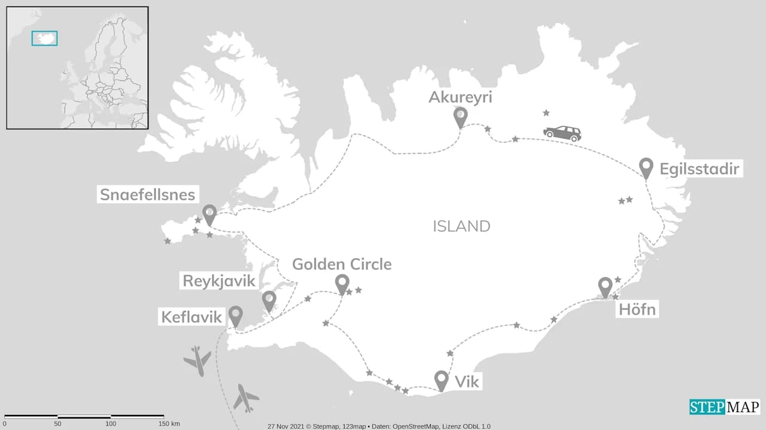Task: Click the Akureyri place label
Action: [460, 97]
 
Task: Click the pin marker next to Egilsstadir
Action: [646, 167]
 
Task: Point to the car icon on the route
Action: [562, 133]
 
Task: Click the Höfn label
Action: [637, 310]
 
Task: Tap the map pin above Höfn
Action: [605, 286]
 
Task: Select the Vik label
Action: [467, 381]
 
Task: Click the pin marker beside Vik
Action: [441, 380]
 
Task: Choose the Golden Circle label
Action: [342, 264]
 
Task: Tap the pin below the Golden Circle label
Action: [342, 283]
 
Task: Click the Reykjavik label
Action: [219, 281]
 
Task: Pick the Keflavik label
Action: [191, 316]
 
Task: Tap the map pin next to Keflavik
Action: [236, 316]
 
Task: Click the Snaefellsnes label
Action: [148, 195]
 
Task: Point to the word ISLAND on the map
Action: [461, 226]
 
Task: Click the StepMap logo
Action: [725, 407]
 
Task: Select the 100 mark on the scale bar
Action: [111, 423]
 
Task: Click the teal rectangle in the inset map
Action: [45, 38]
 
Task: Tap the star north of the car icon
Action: [546, 113]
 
